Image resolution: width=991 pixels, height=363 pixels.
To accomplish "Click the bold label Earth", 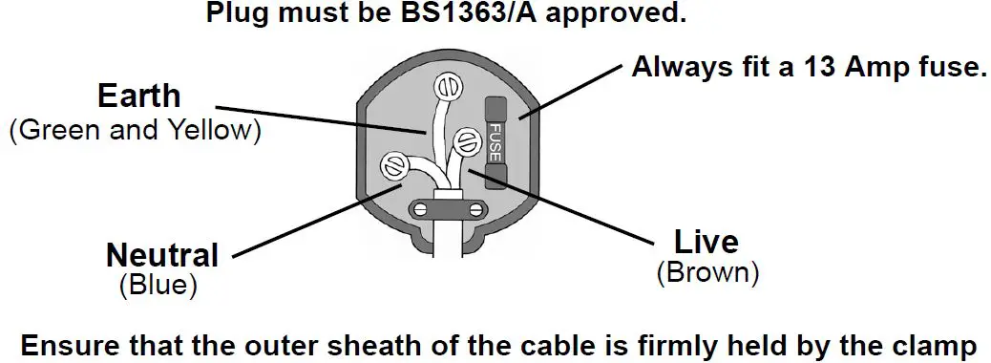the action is click(138, 96).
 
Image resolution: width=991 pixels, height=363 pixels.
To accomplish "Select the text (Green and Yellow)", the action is click(135, 130).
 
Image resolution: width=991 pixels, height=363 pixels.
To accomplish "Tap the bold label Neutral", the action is click(162, 255).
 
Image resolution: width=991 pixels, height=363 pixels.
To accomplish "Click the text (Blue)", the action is click(158, 284).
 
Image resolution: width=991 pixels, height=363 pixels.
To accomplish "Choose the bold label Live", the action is click(706, 242).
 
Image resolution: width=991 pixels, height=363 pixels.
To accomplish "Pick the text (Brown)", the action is click(707, 272).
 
